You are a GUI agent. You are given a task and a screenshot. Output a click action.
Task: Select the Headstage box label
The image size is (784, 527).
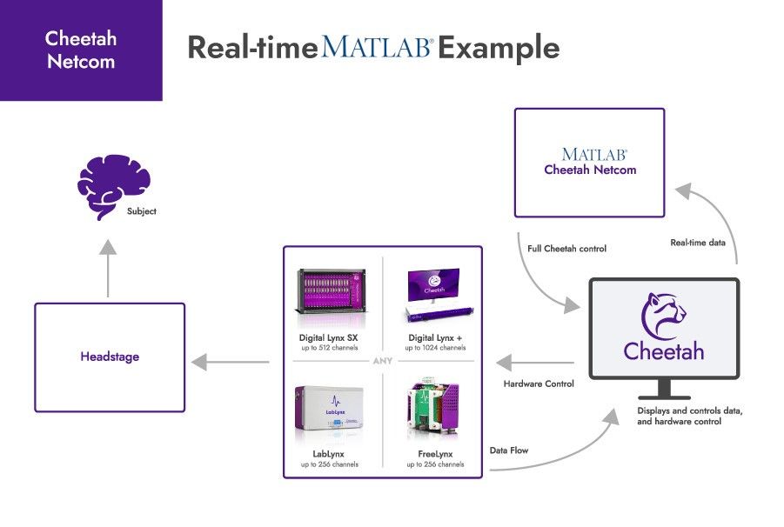(110, 357)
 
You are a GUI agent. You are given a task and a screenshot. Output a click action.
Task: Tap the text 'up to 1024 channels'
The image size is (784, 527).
(435, 348)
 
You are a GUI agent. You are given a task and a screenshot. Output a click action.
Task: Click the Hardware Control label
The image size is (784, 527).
(539, 384)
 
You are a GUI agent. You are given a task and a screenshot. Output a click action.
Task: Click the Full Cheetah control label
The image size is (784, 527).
(566, 249)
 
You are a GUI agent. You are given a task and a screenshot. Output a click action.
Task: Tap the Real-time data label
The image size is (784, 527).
(697, 243)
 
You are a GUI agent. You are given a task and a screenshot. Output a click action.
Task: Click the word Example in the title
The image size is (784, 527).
(498, 47)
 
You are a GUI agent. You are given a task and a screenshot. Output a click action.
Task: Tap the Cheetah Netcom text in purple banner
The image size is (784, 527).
(80, 50)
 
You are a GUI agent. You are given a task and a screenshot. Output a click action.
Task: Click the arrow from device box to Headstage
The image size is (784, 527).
(230, 362)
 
